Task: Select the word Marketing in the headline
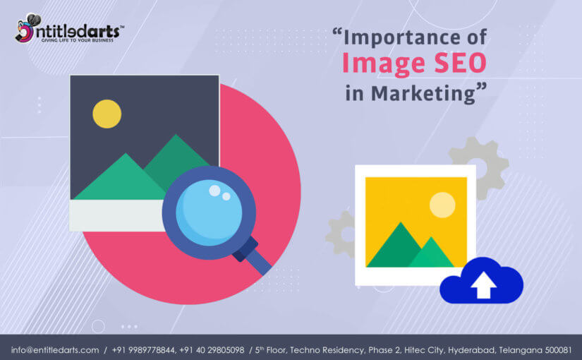tap(423, 93)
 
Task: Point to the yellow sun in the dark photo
tap(107, 114)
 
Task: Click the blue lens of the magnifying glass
tap(209, 212)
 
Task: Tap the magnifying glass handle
tap(253, 256)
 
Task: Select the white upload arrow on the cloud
tap(483, 285)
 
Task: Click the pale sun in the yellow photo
tap(442, 205)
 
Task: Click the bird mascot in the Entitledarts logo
tap(26, 28)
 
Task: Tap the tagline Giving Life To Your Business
tap(77, 40)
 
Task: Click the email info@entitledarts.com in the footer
tap(55, 350)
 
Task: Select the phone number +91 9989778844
tap(143, 350)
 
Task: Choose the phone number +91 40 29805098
tap(212, 350)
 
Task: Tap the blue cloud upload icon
tap(481, 280)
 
